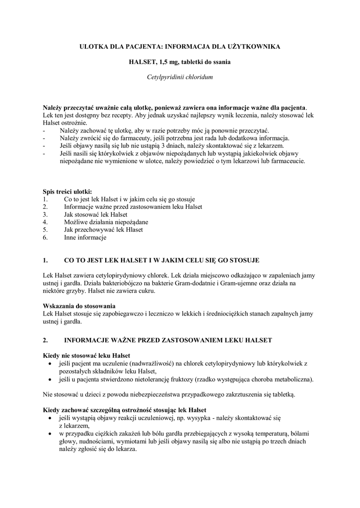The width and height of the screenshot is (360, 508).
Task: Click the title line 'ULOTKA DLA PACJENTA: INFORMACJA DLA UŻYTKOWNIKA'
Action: pyautogui.click(x=180, y=46)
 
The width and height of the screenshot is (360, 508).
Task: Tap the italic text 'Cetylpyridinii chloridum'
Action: pyautogui.click(x=180, y=78)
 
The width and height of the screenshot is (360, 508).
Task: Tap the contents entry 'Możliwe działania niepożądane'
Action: pyautogui.click(x=106, y=222)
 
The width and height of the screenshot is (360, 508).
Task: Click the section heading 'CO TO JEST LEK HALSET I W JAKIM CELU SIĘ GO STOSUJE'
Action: pyautogui.click(x=161, y=260)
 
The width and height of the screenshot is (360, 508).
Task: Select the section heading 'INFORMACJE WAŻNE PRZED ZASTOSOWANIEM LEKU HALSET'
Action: pyautogui.click(x=168, y=340)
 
